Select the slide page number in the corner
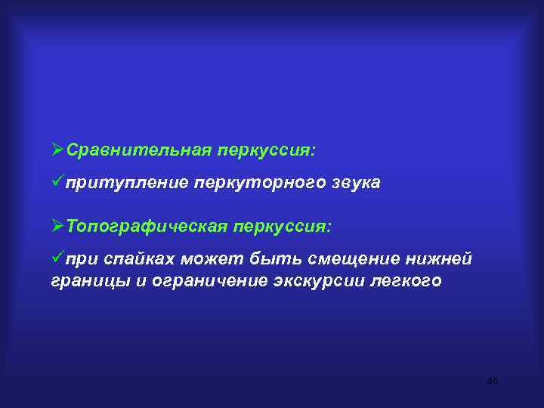coord(492,381)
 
